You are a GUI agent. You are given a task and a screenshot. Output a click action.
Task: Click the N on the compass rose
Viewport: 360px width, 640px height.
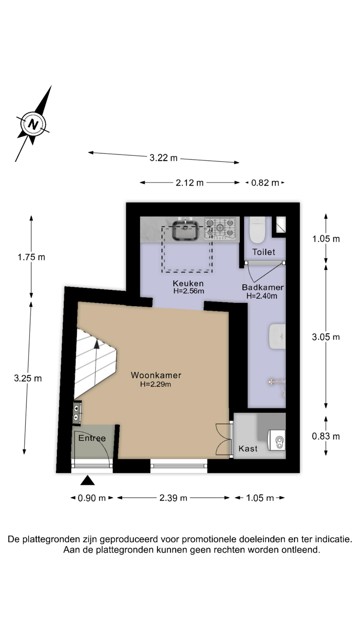coord(33,124)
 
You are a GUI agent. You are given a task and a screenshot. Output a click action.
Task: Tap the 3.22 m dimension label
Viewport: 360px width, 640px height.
coord(163,158)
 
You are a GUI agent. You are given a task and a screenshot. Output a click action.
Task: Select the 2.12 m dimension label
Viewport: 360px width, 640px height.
coord(189,183)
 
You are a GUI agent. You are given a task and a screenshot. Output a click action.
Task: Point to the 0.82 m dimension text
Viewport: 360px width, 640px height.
coord(265,183)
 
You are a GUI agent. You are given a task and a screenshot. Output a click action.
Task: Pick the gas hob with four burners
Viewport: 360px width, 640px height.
coord(220,228)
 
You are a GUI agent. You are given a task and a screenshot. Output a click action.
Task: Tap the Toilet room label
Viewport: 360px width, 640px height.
coord(264,252)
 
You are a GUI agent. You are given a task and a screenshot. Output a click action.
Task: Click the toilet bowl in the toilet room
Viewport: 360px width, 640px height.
coord(257,230)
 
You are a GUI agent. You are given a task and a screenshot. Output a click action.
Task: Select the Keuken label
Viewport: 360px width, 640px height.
coord(188,283)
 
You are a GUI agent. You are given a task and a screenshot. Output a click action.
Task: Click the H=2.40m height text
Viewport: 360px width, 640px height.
coord(262,296)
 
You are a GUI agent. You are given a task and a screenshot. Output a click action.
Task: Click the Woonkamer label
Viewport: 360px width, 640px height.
coord(156,375)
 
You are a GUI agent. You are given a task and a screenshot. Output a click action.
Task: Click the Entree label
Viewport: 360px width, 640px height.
coord(92,438)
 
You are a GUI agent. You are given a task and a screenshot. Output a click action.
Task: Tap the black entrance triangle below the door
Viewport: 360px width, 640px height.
coord(88,480)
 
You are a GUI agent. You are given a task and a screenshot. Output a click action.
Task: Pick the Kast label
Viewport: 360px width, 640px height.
coord(248,449)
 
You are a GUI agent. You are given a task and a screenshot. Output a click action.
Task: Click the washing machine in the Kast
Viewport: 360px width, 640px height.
coord(277,440)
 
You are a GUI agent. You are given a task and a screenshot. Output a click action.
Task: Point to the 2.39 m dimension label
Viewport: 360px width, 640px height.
coord(173,498)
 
